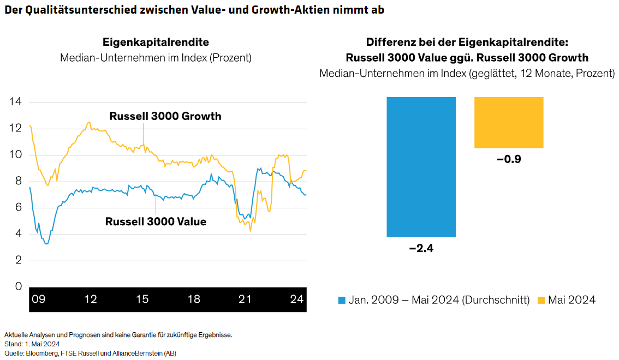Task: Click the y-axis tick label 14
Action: (x=15, y=102)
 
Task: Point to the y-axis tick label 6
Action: (x=18, y=208)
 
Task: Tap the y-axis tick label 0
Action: (x=18, y=287)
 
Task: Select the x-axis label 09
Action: (x=38, y=299)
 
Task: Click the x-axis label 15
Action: (x=142, y=299)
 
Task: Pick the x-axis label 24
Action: (x=297, y=299)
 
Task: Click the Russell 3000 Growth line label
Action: (x=165, y=116)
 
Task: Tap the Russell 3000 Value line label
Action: (x=156, y=222)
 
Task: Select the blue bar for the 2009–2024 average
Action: (x=421, y=167)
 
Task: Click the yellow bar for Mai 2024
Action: (x=509, y=123)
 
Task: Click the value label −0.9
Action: (x=509, y=160)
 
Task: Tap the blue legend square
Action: (x=342, y=300)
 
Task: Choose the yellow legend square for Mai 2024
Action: (x=541, y=300)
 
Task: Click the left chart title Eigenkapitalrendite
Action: (x=156, y=42)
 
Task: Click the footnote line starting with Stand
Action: (x=32, y=344)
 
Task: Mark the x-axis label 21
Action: (x=245, y=299)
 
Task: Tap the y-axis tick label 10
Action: (x=15, y=155)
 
